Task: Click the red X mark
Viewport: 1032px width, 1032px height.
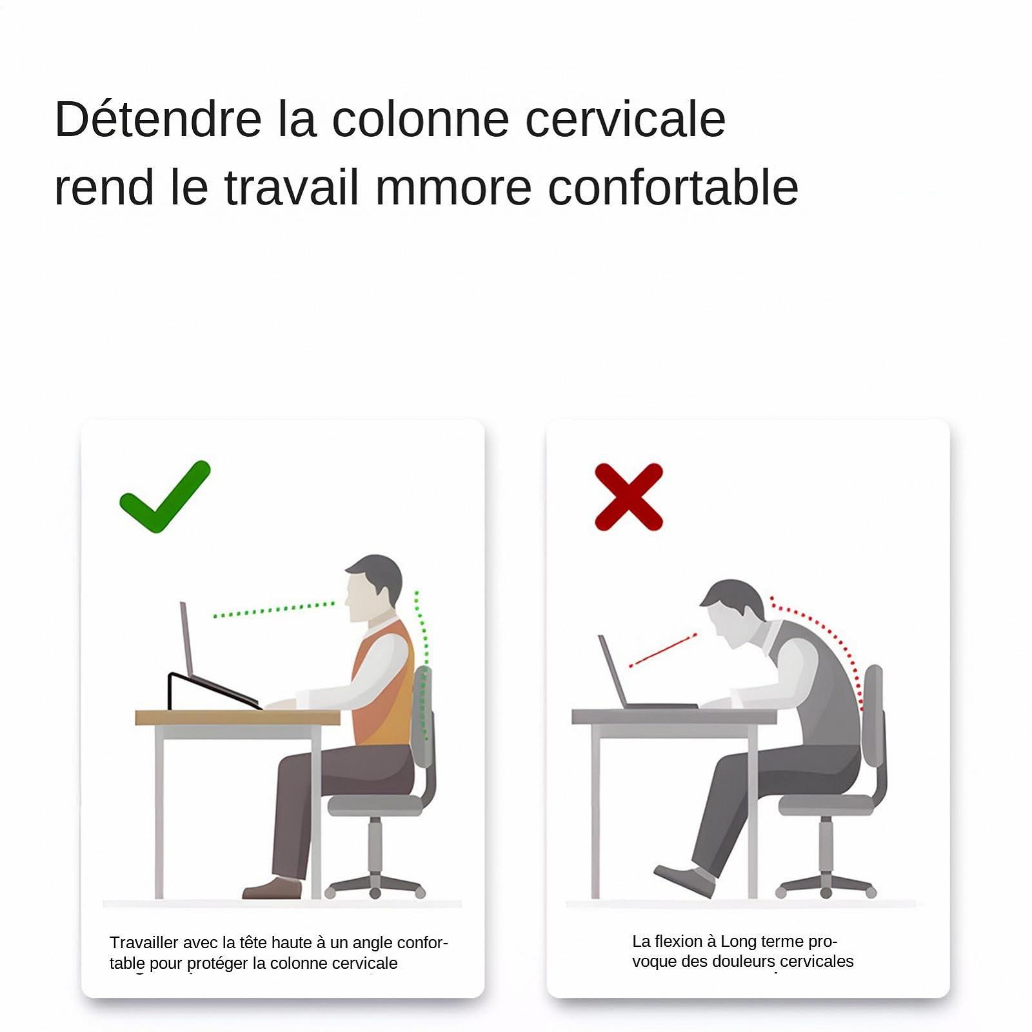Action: point(629,497)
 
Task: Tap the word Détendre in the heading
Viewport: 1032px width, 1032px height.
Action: point(158,119)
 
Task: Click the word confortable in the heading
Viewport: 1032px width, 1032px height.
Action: point(673,187)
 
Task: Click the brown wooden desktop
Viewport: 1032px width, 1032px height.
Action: point(237,717)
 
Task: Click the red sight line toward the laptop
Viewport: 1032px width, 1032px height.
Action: point(662,650)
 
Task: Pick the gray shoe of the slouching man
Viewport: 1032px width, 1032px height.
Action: point(685,880)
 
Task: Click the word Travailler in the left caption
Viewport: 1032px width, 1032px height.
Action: point(144,942)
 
